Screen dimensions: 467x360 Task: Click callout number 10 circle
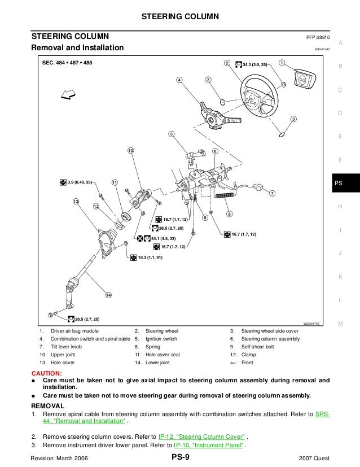click(x=130, y=151)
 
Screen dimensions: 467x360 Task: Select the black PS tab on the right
click(x=338, y=183)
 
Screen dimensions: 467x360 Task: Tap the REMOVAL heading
click(x=48, y=405)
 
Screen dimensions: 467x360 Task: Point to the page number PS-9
click(x=180, y=458)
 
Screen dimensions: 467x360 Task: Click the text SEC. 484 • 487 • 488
click(x=67, y=63)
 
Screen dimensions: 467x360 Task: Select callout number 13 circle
click(x=75, y=202)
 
